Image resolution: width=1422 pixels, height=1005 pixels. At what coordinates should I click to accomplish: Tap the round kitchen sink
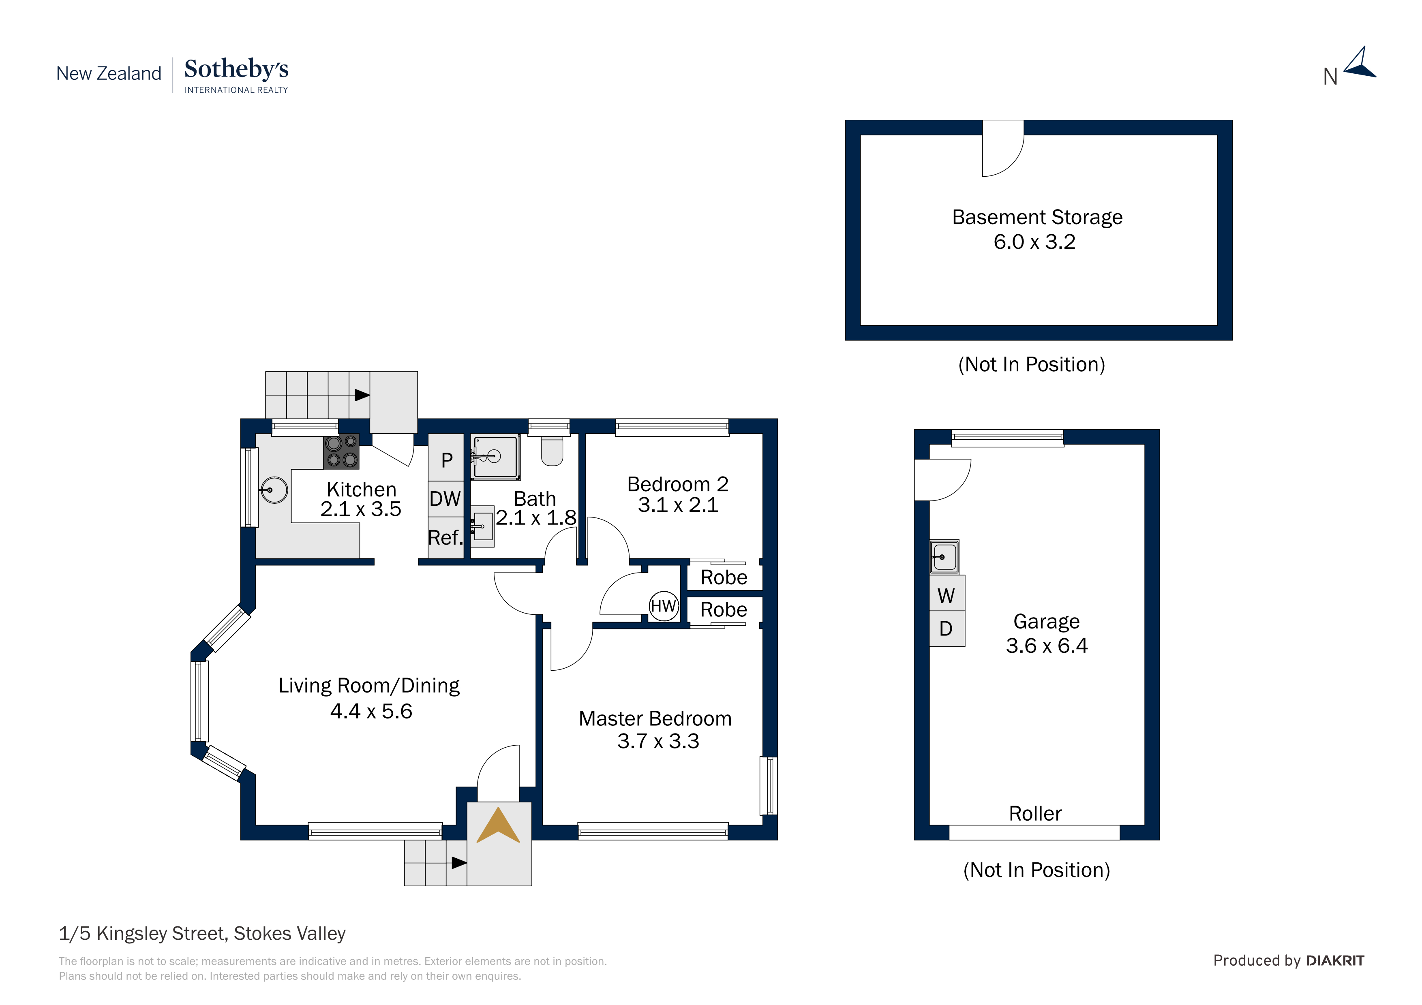pyautogui.click(x=273, y=490)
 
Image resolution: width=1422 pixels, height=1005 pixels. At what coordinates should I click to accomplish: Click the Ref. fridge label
pyautogui.click(x=445, y=537)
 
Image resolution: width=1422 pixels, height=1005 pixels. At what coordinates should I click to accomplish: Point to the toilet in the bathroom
pyautogui.click(x=552, y=451)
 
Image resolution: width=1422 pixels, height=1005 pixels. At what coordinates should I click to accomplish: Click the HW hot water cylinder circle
pyautogui.click(x=663, y=606)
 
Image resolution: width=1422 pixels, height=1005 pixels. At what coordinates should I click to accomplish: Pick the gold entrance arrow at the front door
pyautogui.click(x=498, y=825)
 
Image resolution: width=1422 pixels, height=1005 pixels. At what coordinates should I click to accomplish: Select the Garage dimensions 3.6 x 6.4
pyautogui.click(x=1047, y=646)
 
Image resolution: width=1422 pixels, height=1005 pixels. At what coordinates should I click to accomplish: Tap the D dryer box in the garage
pyautogui.click(x=947, y=629)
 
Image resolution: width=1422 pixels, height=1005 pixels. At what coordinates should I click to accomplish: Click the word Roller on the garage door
pyautogui.click(x=1035, y=814)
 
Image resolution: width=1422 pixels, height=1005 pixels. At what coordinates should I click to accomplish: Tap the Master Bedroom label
pyautogui.click(x=655, y=719)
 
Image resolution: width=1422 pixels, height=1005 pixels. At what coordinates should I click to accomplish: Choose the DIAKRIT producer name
pyautogui.click(x=1335, y=961)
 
